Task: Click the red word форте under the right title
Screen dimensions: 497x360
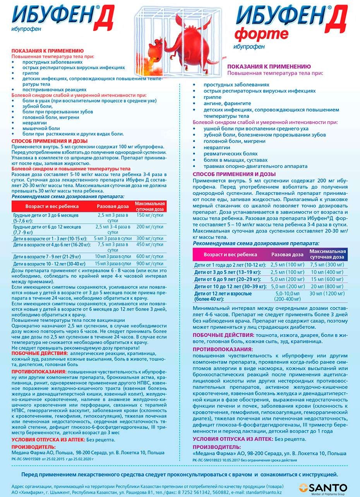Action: point(261,34)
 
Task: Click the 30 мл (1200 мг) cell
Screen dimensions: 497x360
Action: point(327,294)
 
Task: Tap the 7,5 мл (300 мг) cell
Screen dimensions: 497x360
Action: point(327,265)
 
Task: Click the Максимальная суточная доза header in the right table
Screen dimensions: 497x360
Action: point(327,254)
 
